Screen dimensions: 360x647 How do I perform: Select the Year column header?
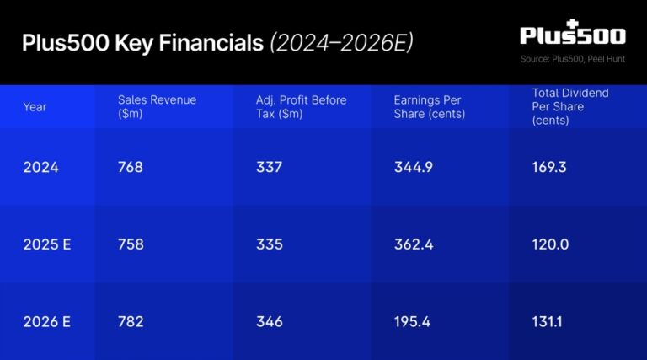tap(35, 107)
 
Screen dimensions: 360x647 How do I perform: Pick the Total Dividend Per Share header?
tap(570, 106)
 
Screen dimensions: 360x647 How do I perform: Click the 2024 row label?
tap(41, 167)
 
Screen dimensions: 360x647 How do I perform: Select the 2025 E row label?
tap(47, 244)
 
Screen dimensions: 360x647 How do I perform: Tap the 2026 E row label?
tap(47, 321)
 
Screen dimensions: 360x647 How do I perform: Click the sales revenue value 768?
tap(131, 167)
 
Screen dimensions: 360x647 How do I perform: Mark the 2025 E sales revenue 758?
tap(131, 244)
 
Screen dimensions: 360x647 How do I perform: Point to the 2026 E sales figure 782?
tap(131, 321)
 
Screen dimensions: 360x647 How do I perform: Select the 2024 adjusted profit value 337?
tap(269, 167)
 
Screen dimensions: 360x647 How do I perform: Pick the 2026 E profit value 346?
tap(270, 321)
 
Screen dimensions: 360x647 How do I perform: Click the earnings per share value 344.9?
tap(414, 167)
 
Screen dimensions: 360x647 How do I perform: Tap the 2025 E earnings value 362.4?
tap(414, 244)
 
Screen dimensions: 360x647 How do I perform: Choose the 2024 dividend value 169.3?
tap(549, 167)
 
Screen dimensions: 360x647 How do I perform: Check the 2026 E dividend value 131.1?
tap(548, 321)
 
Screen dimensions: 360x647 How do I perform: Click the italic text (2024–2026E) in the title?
tap(341, 42)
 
